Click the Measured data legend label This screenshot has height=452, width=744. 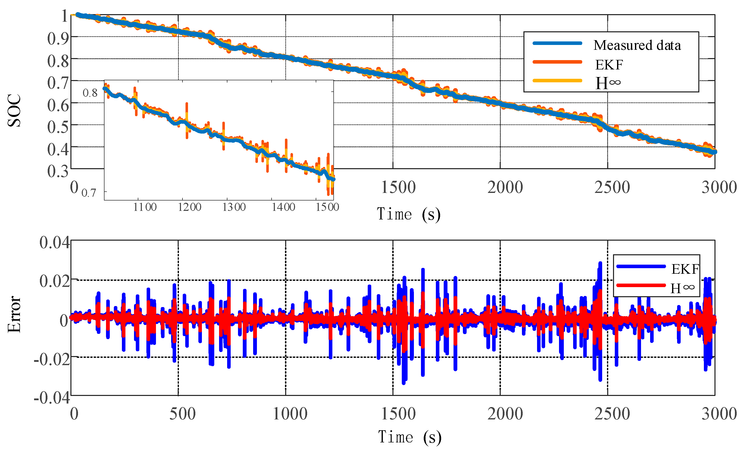click(637, 45)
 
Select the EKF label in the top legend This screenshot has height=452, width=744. click(609, 65)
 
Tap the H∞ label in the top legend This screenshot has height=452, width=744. click(607, 83)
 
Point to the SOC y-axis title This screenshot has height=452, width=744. click(14, 110)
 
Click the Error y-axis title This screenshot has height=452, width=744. click(14, 314)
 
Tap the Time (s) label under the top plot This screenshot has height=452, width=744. click(409, 214)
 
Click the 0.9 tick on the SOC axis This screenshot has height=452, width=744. click(58, 39)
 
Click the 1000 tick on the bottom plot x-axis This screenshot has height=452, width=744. click(290, 414)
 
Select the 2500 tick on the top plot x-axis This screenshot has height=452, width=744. click(612, 187)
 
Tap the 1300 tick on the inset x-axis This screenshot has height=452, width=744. click(234, 207)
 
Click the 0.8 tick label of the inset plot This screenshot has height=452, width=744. click(90, 93)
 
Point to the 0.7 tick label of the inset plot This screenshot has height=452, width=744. click(89, 193)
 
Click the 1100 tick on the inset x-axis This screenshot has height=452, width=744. click(145, 207)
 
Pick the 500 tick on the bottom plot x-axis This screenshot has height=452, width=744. click(182, 414)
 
